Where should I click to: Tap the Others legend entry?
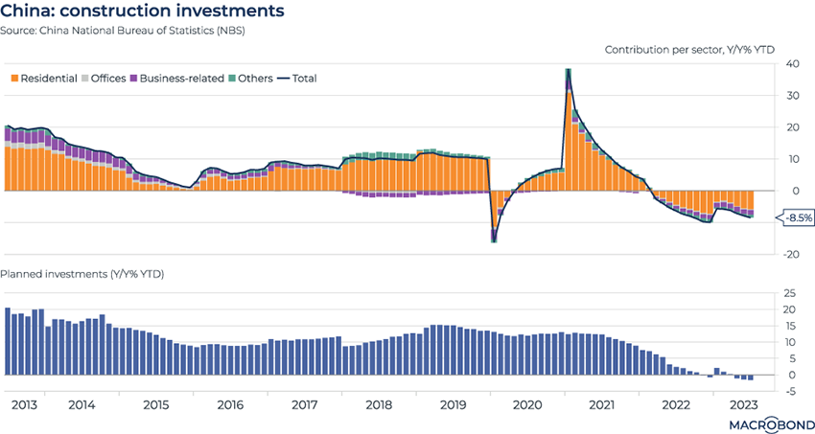252,79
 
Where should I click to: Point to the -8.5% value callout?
798,217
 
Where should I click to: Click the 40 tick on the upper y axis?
794,64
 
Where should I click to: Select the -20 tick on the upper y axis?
792,254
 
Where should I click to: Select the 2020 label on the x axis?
526,405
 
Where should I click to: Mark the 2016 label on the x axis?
230,405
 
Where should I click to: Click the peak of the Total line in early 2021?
569,69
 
